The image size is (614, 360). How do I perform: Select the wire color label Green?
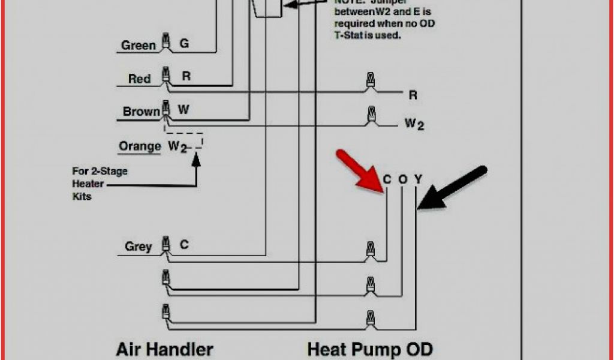[x=139, y=45]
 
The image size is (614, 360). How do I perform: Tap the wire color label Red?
[x=139, y=79]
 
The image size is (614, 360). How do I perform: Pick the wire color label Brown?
[x=141, y=112]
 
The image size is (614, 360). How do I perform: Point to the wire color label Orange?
[x=140, y=146]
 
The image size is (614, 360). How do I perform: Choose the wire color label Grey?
[x=138, y=246]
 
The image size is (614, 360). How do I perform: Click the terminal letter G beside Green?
[x=184, y=43]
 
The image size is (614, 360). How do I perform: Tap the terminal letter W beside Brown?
[x=183, y=110]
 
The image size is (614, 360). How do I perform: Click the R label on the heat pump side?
[x=413, y=95]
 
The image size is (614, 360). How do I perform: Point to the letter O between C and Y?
[x=403, y=178]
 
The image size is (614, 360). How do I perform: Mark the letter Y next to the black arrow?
[x=418, y=178]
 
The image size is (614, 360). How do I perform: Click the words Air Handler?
[x=164, y=349]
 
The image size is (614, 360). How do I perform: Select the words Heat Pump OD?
[x=369, y=349]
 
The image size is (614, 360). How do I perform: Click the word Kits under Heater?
[x=82, y=196]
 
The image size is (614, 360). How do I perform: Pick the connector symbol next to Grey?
[x=165, y=246]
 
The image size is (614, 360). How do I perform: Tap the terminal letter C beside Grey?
[x=184, y=245]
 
